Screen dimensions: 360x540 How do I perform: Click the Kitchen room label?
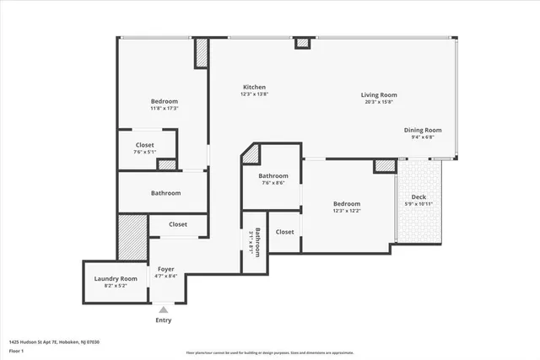[x=255, y=88]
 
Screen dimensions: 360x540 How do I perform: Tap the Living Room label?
[x=379, y=95]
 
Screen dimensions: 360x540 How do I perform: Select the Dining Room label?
[x=422, y=130]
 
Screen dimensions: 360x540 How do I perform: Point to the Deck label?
[x=419, y=196]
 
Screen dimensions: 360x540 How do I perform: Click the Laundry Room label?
[x=116, y=278]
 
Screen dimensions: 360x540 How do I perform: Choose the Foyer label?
[x=165, y=269]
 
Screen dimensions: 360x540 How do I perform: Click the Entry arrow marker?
[x=164, y=310]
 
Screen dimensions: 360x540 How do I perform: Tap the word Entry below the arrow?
[x=164, y=320]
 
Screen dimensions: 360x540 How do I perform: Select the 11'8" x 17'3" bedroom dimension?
[x=164, y=108]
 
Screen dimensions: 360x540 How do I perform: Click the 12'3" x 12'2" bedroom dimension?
[x=346, y=211]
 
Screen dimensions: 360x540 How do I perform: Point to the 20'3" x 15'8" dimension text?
[x=379, y=103]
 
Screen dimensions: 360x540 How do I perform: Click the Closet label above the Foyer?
[x=178, y=224]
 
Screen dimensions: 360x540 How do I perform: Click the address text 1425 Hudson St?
[x=54, y=341]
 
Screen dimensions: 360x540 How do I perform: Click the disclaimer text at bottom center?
[x=269, y=352]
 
